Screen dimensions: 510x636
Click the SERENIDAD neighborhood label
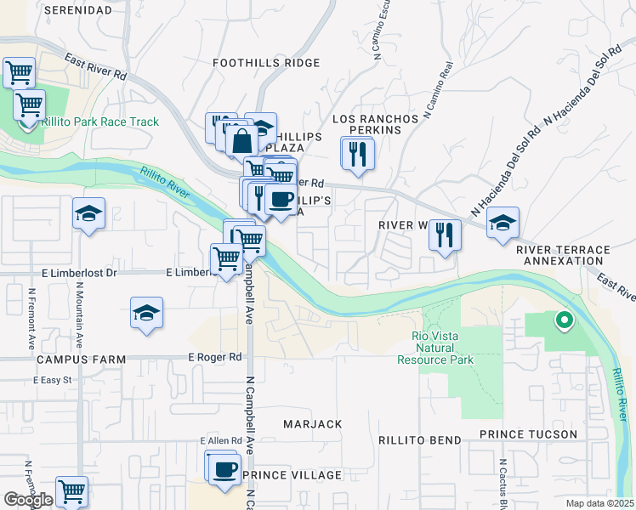click(x=77, y=9)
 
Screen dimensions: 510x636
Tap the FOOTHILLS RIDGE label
click(x=266, y=63)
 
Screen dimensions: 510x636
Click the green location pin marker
click(x=562, y=320)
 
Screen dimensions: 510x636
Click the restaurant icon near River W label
click(x=445, y=234)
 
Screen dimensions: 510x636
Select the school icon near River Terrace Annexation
click(x=503, y=224)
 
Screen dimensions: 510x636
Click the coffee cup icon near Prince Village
click(x=224, y=467)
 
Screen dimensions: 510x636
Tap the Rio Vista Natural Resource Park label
click(x=435, y=348)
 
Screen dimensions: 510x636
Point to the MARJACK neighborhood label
click(x=313, y=423)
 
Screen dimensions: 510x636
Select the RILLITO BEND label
click(x=420, y=440)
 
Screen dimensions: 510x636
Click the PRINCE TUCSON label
click(x=528, y=434)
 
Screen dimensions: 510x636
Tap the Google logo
click(x=28, y=500)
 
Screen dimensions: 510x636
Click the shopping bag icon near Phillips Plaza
click(x=241, y=139)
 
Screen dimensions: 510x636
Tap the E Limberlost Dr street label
click(x=78, y=273)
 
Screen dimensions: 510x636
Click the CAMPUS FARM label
click(x=81, y=360)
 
